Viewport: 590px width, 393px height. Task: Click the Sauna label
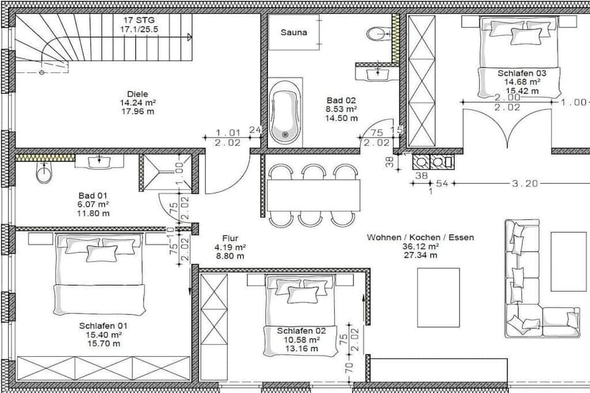293,33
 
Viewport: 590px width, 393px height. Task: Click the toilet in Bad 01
44,174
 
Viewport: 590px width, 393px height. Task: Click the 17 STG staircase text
134,20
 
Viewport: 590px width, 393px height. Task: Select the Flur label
231,238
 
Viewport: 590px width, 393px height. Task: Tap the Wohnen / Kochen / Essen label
420,237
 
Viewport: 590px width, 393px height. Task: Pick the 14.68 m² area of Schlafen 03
522,82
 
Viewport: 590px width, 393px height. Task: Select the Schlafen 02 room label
302,330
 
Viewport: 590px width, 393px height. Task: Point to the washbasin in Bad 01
99,162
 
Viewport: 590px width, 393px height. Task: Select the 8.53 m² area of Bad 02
341,109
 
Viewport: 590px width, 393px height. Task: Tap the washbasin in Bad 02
374,73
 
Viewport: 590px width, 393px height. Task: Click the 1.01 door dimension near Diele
228,132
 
